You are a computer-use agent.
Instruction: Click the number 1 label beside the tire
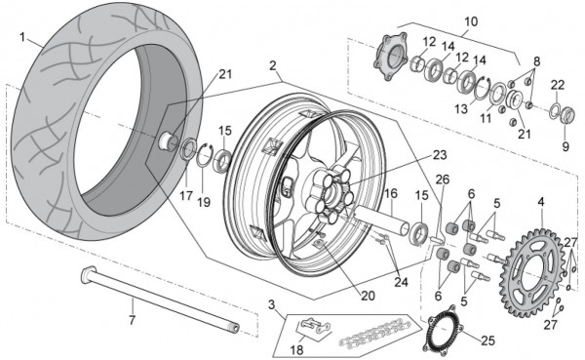[x=22, y=38]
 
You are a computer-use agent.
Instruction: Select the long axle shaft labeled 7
[x=161, y=300]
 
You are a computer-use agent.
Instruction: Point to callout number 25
[x=487, y=340]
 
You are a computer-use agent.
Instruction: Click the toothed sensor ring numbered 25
[x=443, y=329]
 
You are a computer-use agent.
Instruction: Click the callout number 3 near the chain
[x=271, y=304]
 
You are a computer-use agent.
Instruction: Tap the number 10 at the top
[x=471, y=21]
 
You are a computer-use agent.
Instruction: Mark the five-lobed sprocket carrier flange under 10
[x=390, y=56]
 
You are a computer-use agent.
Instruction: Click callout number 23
[x=440, y=154]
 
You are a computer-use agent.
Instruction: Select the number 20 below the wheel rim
[x=368, y=296]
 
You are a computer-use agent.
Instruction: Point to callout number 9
[x=565, y=146]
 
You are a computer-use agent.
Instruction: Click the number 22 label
[x=558, y=86]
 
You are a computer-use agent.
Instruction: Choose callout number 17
[x=185, y=195]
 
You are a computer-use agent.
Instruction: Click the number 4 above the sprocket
[x=541, y=202]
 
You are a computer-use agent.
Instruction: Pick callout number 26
[x=443, y=180]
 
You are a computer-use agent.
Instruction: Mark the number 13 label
[x=461, y=109]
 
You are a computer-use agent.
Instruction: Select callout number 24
[x=401, y=282]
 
